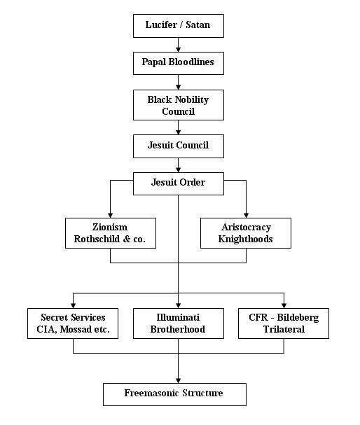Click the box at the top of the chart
[x=179, y=26]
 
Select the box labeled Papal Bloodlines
[x=179, y=63]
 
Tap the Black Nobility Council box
[x=179, y=105]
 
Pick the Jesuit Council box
[x=179, y=146]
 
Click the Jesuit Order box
[x=179, y=183]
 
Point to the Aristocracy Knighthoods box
[x=246, y=233]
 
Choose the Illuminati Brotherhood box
[x=179, y=323]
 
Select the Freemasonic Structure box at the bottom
[x=174, y=394]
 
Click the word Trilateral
[x=284, y=329]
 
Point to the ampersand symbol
[x=127, y=239]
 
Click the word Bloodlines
[x=191, y=62]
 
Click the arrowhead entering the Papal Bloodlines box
[x=178, y=49]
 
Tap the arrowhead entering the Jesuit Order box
[x=178, y=169]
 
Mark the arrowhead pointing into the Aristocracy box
[x=246, y=215]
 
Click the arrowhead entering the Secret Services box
[x=73, y=305]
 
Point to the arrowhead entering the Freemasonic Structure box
[x=178, y=380]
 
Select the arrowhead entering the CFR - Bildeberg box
[x=284, y=305]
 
